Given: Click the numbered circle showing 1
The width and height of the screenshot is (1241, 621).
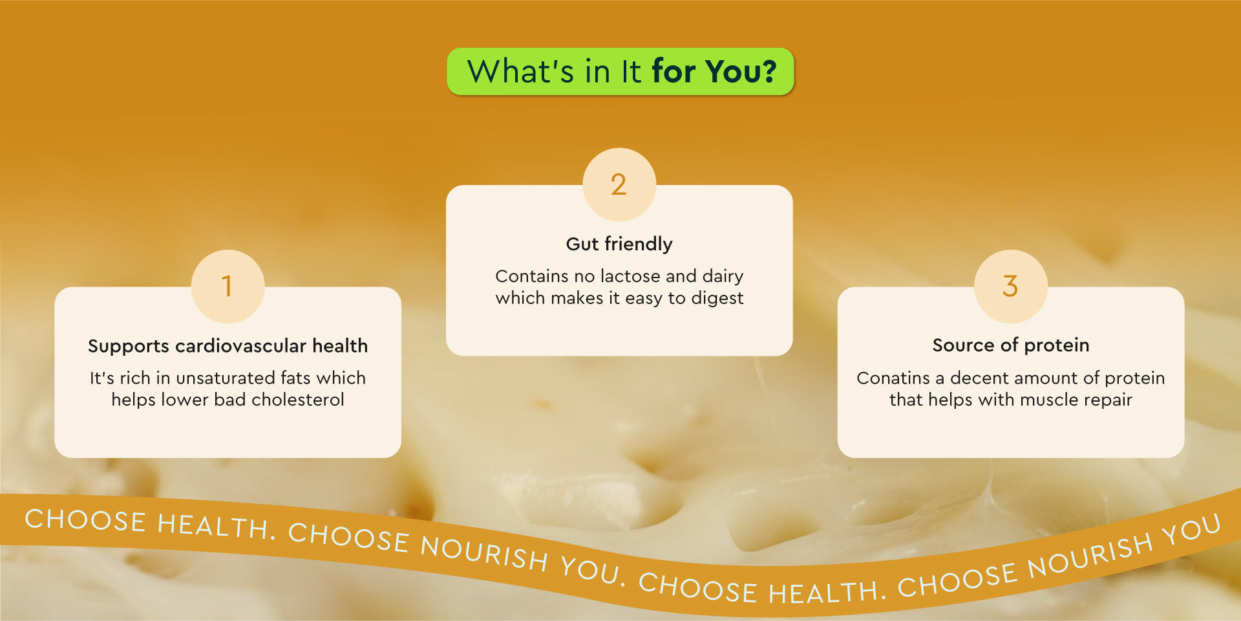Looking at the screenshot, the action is point(228,286).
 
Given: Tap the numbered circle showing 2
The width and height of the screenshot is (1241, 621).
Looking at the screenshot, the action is point(619,184).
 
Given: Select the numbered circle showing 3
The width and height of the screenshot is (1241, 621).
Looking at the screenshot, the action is point(1011,286).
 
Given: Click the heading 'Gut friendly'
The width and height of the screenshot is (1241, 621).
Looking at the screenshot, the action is point(619,244).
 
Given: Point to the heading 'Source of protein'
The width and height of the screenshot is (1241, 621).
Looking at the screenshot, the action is point(1011,345).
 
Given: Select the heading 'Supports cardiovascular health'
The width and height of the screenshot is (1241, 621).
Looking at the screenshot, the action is point(228,346).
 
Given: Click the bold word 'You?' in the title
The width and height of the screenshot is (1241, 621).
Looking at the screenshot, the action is point(741,71).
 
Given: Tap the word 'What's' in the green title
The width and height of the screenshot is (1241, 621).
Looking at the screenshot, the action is point(520,71).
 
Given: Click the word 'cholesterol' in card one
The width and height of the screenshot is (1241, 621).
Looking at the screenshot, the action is point(298,400).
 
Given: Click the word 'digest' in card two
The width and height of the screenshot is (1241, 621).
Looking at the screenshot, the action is point(717,298).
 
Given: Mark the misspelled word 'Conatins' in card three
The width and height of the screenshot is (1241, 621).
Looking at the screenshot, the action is point(893,378).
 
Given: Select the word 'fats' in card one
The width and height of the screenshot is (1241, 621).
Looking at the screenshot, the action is point(295,378).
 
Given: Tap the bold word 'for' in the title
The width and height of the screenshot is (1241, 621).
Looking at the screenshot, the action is point(674,71).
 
